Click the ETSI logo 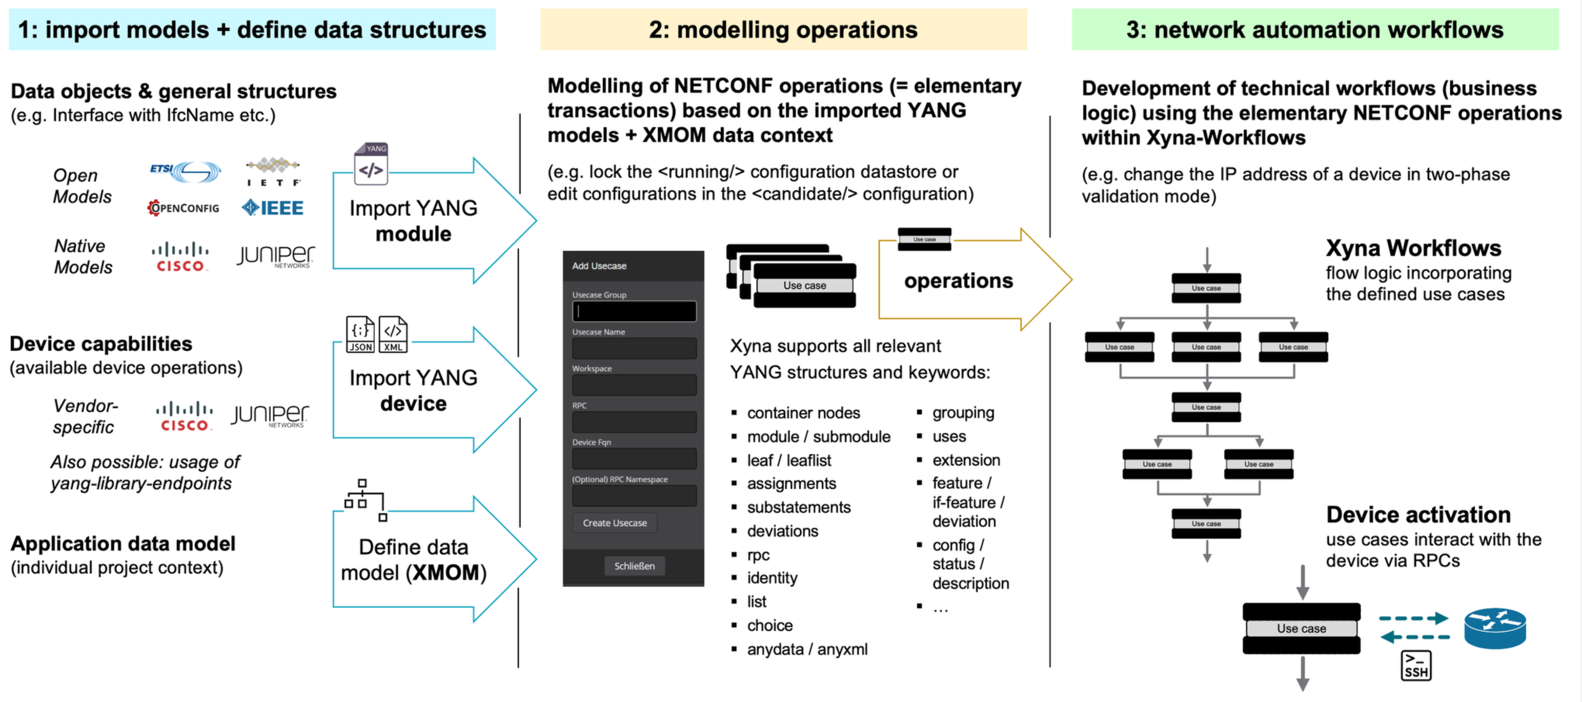[x=185, y=171]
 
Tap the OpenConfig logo [x=183, y=208]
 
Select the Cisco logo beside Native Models [x=180, y=257]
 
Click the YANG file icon [x=371, y=163]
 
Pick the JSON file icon [x=360, y=334]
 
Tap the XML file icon [x=393, y=334]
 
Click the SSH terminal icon [x=1416, y=666]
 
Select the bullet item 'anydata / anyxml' [x=807, y=649]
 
